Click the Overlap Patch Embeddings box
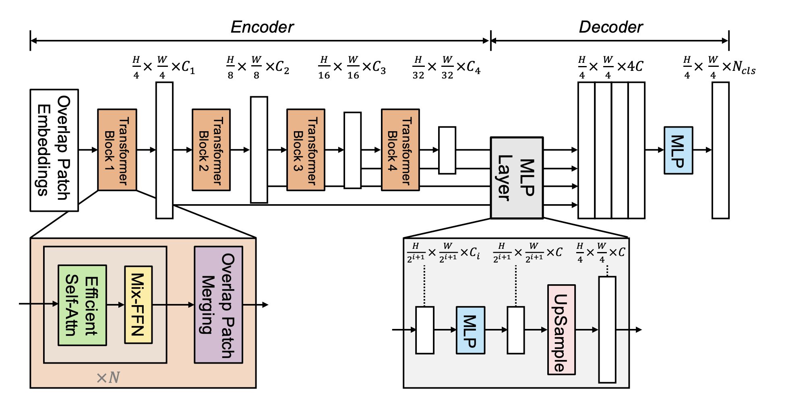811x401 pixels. [x=54, y=150]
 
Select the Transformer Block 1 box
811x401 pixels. [x=117, y=150]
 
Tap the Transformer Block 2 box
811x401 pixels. [x=211, y=150]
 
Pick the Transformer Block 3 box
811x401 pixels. [x=306, y=150]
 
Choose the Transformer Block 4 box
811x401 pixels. [x=400, y=150]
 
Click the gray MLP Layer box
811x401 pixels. [x=517, y=178]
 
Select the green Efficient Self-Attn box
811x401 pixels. [x=82, y=305]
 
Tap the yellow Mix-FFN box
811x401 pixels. [x=138, y=305]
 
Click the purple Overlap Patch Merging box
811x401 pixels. [x=218, y=305]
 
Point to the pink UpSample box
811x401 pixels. [x=561, y=330]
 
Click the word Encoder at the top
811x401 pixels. [x=262, y=27]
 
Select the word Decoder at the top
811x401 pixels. [x=610, y=27]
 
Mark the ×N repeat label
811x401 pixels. [x=108, y=378]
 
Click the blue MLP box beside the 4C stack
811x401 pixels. [x=678, y=150]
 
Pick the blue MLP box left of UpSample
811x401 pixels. [x=470, y=330]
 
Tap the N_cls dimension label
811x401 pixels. [x=719, y=67]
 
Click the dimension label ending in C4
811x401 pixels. [x=446, y=67]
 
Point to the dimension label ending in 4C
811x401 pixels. [x=610, y=67]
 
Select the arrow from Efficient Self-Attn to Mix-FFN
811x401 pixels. [x=116, y=305]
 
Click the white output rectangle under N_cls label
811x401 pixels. [x=720, y=150]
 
